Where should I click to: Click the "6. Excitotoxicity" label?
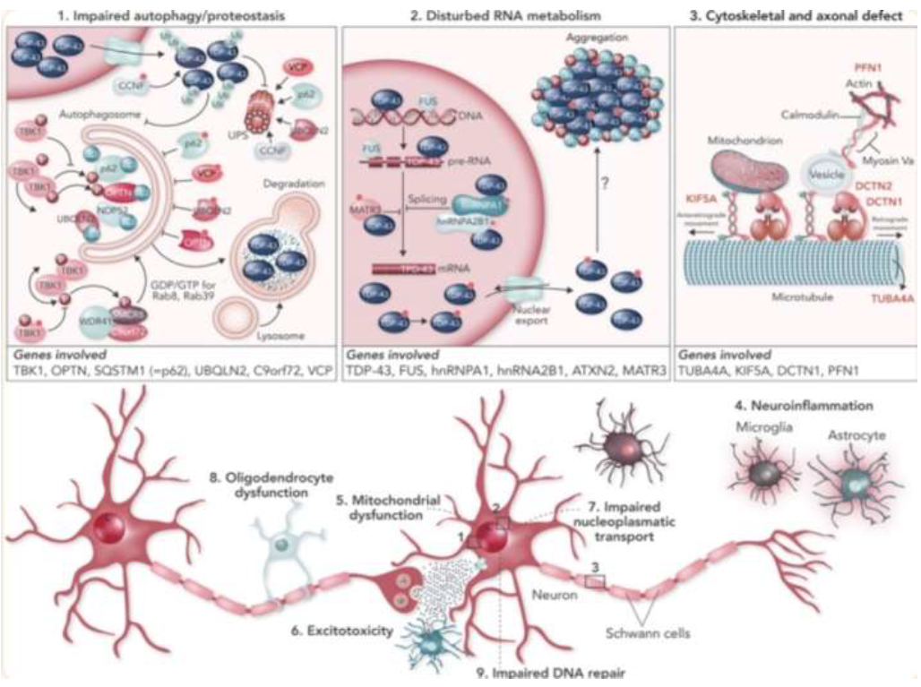tap(341, 631)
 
